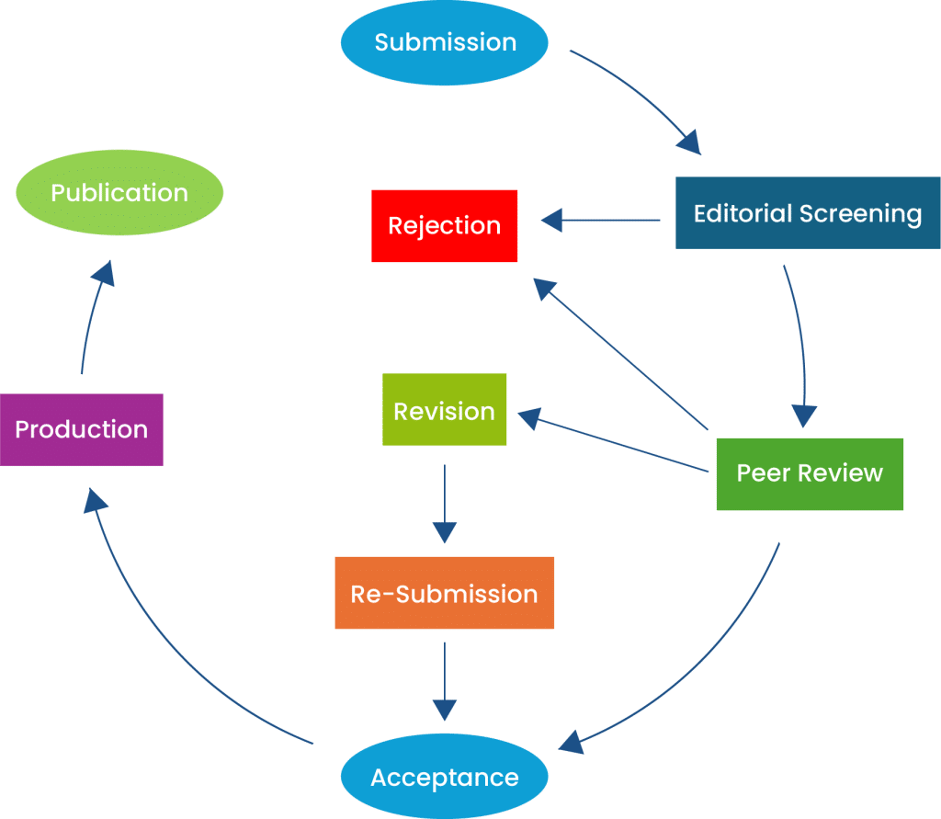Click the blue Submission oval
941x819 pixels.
coord(445,42)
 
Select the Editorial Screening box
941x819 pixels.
coord(808,213)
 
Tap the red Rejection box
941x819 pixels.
coord(444,225)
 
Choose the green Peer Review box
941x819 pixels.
coord(810,473)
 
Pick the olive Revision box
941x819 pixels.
coord(444,410)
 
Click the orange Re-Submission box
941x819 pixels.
coord(444,593)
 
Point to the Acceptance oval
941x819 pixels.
coord(445,778)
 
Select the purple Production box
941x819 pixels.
coord(81,429)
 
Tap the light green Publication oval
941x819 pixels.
coord(119,192)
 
